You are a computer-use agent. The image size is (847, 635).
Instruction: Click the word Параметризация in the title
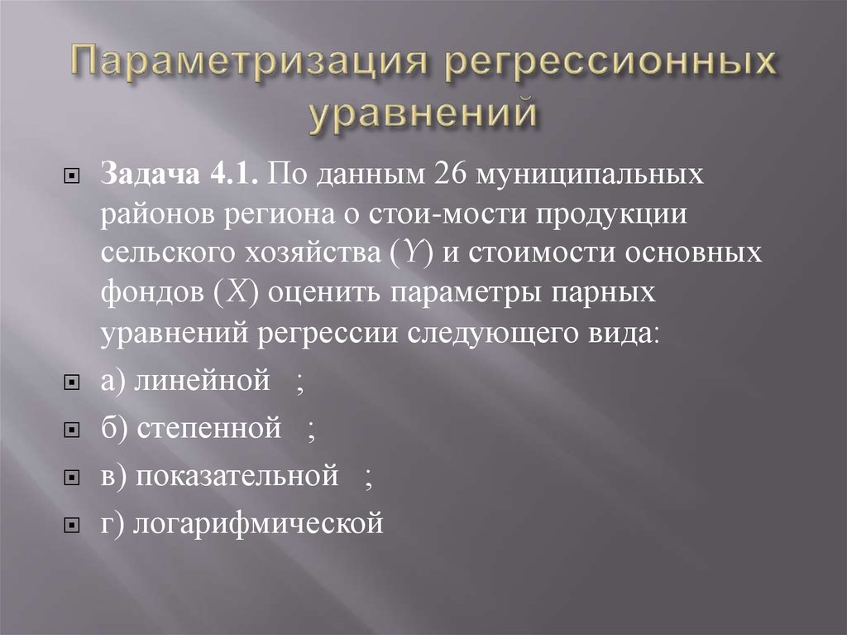(245, 65)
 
